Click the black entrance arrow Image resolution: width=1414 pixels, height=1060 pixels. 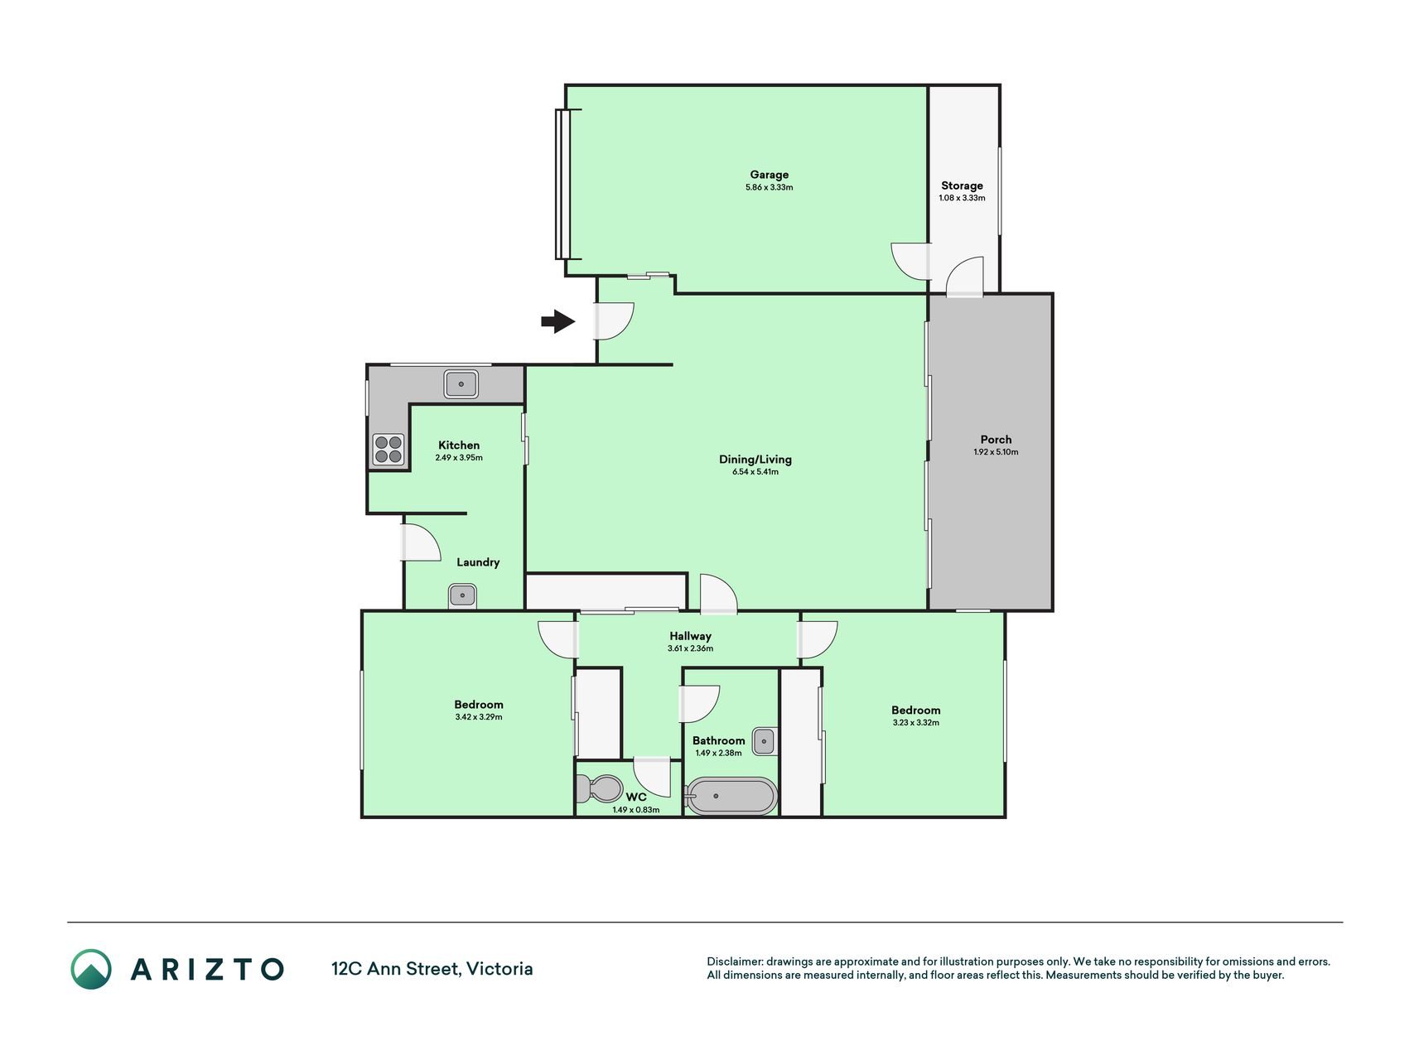pyautogui.click(x=558, y=321)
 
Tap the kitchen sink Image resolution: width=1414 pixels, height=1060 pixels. pyautogui.click(x=461, y=384)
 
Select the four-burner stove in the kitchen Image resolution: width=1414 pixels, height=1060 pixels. pyautogui.click(x=388, y=449)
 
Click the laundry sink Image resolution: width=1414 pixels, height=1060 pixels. pyautogui.click(x=461, y=595)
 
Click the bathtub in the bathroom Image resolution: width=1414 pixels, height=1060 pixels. pyautogui.click(x=731, y=797)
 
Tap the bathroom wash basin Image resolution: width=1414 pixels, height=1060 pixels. pyautogui.click(x=765, y=740)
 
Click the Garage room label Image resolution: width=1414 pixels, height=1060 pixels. pyautogui.click(x=769, y=175)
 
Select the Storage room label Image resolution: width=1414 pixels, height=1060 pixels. pyautogui.click(x=962, y=185)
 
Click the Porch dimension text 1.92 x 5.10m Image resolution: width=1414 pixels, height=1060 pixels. pyautogui.click(x=996, y=452)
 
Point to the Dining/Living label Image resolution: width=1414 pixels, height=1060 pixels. pyautogui.click(x=755, y=460)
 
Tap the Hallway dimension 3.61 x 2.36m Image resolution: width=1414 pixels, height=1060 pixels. pyautogui.click(x=690, y=648)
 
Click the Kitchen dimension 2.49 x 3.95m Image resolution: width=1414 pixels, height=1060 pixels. pyautogui.click(x=459, y=457)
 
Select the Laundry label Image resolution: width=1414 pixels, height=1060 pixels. pyautogui.click(x=478, y=562)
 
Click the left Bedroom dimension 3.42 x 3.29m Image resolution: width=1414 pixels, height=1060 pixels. pyautogui.click(x=479, y=717)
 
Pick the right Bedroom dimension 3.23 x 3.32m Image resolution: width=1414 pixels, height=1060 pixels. pyautogui.click(x=915, y=722)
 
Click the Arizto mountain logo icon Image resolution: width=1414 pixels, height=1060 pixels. pyautogui.click(x=91, y=969)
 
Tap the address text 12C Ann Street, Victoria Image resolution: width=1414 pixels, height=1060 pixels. pyautogui.click(x=432, y=969)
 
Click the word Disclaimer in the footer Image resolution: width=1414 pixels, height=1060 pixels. pyautogui.click(x=734, y=962)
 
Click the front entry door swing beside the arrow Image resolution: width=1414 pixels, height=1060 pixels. pyautogui.click(x=615, y=321)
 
